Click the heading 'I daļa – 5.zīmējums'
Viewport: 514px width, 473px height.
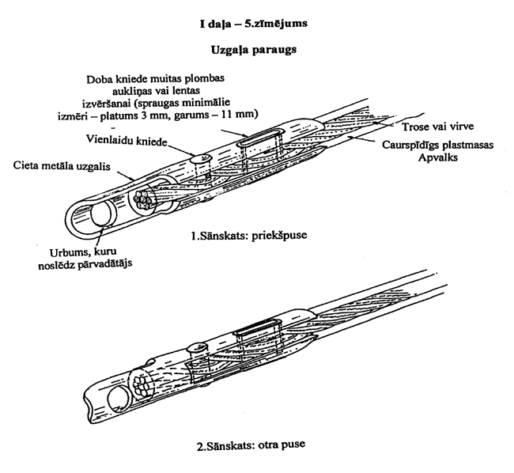[254, 25]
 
